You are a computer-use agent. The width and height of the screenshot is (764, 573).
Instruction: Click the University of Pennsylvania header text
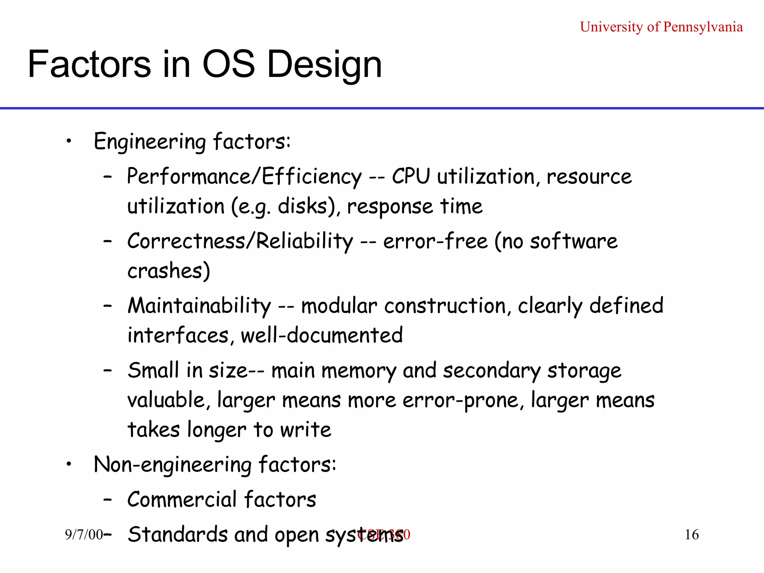(x=661, y=27)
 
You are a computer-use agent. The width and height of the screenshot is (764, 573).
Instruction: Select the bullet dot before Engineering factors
(x=69, y=141)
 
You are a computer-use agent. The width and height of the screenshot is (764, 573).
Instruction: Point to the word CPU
(x=411, y=176)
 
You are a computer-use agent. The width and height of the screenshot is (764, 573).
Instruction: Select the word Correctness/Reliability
(x=240, y=241)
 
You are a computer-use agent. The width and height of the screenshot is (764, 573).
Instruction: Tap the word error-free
(x=435, y=241)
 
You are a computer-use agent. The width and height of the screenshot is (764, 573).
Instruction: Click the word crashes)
(x=169, y=271)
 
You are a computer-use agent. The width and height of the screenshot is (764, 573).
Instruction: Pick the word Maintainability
(x=199, y=306)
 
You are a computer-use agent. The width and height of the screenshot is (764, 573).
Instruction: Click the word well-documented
(x=322, y=335)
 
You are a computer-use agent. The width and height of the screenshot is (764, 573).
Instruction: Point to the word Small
(x=153, y=370)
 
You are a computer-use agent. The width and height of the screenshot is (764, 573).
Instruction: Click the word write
(x=305, y=430)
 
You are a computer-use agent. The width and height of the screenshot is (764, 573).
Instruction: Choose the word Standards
(x=177, y=534)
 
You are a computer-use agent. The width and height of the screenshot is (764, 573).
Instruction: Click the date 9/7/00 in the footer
(x=84, y=535)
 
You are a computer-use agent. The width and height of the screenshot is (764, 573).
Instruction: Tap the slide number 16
(x=691, y=535)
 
